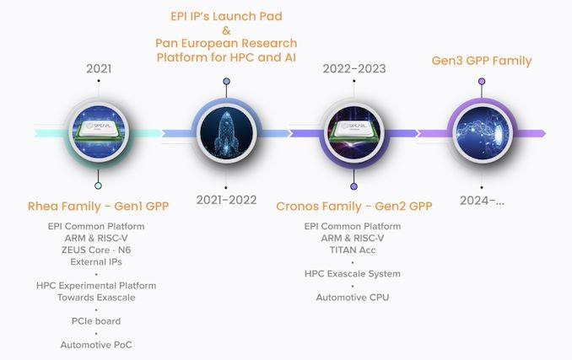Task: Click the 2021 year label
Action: click(x=99, y=68)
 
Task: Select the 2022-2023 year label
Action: click(x=354, y=68)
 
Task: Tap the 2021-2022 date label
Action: click(x=227, y=200)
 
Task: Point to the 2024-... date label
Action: click(x=482, y=201)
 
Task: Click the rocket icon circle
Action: click(x=227, y=133)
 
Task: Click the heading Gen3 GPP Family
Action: click(x=482, y=61)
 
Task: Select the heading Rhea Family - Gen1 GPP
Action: click(x=99, y=207)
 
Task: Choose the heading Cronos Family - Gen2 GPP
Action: click(x=354, y=207)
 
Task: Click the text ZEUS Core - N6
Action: click(x=96, y=250)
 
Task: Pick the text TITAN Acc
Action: click(x=353, y=250)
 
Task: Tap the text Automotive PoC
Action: click(x=96, y=345)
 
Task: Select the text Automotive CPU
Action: click(x=353, y=298)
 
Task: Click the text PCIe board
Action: click(x=96, y=321)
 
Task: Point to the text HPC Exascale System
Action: click(x=353, y=274)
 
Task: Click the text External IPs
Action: click(x=96, y=262)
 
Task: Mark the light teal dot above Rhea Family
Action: click(x=98, y=185)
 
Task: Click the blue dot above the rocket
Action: click(x=227, y=81)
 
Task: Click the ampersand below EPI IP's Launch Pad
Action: click(x=227, y=30)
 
